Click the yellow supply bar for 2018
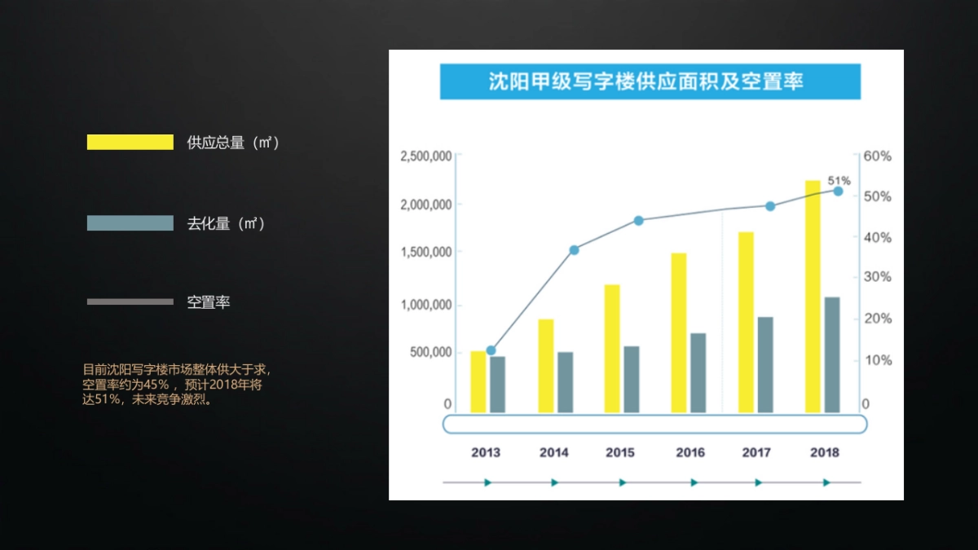[x=813, y=297]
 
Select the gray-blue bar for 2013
[x=497, y=384]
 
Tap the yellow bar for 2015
[x=612, y=348]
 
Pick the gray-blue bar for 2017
[x=765, y=364]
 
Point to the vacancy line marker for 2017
[x=770, y=206]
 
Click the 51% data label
[x=839, y=180]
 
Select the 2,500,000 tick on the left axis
[x=426, y=156]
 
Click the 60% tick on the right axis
[x=877, y=156]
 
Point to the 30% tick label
[x=877, y=277]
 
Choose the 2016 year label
[x=690, y=452]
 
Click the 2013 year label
[x=486, y=452]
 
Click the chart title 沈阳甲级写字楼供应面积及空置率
[x=650, y=81]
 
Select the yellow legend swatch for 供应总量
[x=130, y=143]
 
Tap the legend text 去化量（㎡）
[x=227, y=223]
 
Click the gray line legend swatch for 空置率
[x=130, y=301]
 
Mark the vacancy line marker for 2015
[x=638, y=220]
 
